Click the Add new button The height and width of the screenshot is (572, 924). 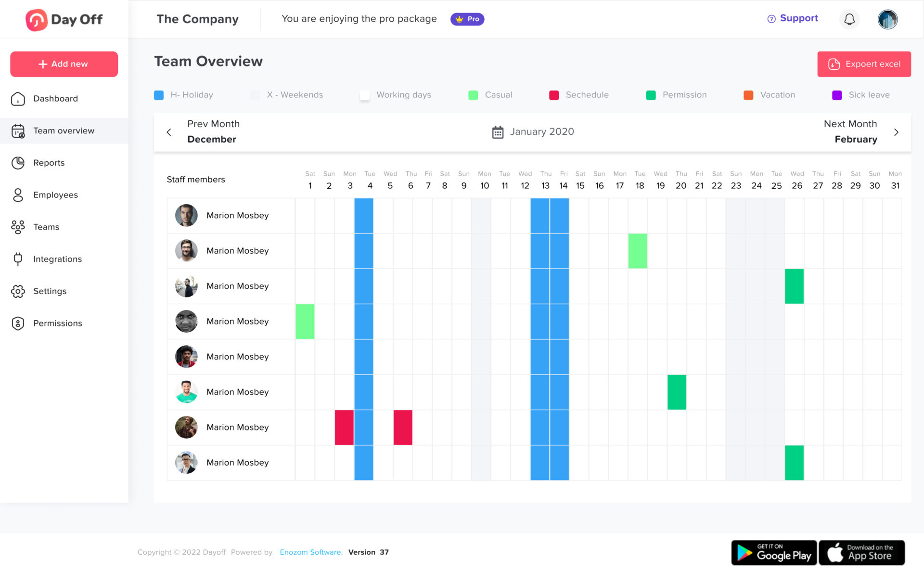click(64, 64)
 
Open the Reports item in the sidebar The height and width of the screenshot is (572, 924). click(49, 163)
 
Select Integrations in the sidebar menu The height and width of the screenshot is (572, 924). click(57, 259)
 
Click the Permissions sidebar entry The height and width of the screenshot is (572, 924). click(57, 323)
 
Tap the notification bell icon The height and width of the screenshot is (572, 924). click(849, 19)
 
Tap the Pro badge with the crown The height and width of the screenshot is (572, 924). click(467, 19)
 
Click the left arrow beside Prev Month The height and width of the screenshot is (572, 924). click(169, 132)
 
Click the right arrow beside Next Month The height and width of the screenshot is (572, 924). click(896, 132)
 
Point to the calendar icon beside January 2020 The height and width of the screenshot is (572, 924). click(498, 132)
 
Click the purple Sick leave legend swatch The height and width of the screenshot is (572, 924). click(837, 95)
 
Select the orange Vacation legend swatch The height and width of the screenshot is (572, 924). click(748, 95)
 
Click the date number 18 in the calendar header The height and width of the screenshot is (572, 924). click(640, 186)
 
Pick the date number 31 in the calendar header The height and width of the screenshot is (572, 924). click(895, 186)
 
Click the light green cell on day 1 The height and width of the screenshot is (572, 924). click(305, 322)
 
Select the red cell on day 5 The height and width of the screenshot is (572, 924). click(403, 428)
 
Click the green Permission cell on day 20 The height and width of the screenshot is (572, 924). click(677, 392)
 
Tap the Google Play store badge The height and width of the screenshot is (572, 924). click(774, 552)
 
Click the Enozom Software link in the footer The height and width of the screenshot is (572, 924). click(311, 552)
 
